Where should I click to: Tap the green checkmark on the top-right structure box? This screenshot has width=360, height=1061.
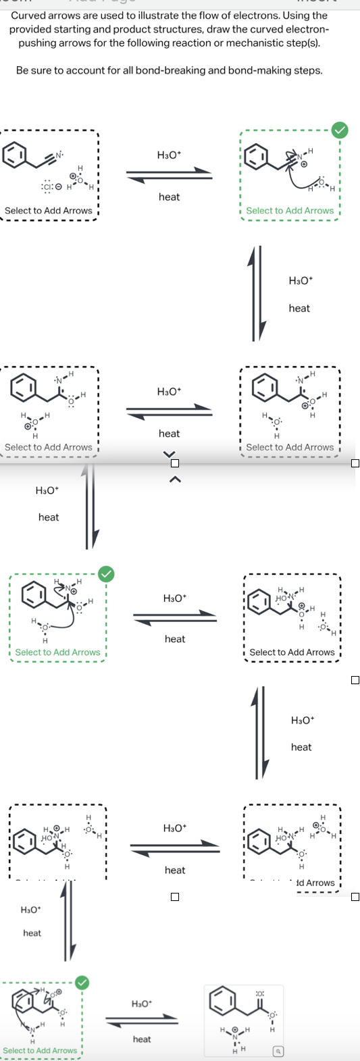(340, 130)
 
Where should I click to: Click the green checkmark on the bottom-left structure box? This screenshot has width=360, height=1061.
(82, 983)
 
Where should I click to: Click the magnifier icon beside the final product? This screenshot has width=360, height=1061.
(277, 1052)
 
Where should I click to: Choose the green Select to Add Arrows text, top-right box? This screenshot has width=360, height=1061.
(290, 211)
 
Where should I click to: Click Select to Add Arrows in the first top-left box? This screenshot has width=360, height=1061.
(48, 211)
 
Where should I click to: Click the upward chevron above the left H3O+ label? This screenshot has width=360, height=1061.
(174, 480)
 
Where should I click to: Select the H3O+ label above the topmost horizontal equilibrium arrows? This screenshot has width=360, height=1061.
(169, 155)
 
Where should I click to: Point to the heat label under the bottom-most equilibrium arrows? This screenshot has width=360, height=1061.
(142, 1039)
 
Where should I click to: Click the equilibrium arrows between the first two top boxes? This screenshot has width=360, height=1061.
(169, 176)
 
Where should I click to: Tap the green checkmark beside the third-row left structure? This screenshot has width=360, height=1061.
(106, 574)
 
